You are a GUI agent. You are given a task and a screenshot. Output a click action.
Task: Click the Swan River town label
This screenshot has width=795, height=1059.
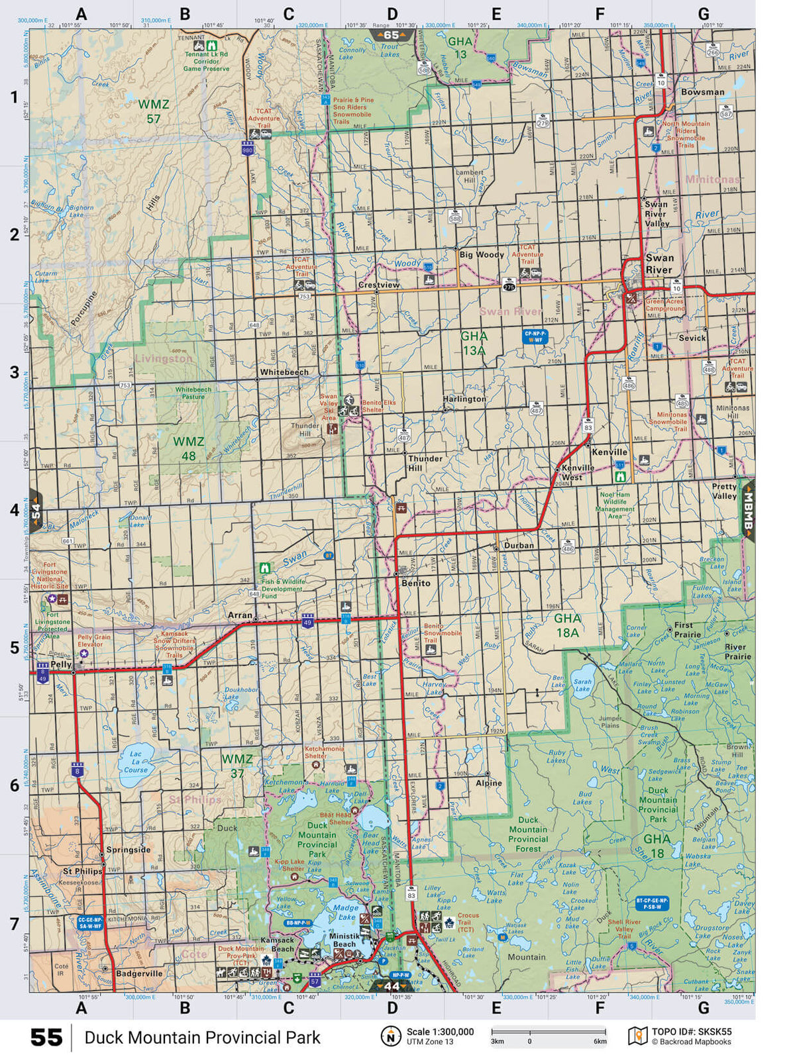659,264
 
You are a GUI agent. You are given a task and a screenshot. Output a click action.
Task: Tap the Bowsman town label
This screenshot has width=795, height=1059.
702,92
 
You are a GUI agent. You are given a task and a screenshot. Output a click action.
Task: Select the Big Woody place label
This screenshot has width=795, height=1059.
482,254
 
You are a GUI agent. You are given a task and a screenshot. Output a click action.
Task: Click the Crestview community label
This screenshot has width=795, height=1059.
379,285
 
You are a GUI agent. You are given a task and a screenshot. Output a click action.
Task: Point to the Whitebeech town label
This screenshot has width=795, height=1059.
284,372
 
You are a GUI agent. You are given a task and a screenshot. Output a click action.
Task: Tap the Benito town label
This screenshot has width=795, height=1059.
416,583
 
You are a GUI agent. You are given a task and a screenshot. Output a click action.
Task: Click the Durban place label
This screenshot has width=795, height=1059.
519,545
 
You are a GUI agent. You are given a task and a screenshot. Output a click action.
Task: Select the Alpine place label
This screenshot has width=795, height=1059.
489,782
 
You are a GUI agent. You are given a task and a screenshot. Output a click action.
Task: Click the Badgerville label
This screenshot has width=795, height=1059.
139,974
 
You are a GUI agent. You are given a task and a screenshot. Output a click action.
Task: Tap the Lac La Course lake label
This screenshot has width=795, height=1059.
136,762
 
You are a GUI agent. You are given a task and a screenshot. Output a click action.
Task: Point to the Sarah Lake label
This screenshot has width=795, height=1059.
582,685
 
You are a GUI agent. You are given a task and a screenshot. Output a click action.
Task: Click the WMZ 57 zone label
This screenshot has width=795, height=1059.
154,111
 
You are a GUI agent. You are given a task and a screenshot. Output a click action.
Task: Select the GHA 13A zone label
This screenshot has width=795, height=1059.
474,343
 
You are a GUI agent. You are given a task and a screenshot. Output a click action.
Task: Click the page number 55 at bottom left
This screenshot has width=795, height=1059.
46,1037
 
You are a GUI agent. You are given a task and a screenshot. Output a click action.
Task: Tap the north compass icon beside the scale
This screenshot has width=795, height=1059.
391,1036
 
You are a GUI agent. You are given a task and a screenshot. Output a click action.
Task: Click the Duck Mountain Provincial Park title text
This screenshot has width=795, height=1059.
202,1037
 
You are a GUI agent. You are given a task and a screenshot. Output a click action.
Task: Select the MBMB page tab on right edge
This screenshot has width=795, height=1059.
748,510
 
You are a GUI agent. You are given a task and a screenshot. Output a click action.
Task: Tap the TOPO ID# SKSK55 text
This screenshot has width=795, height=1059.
692,1031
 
